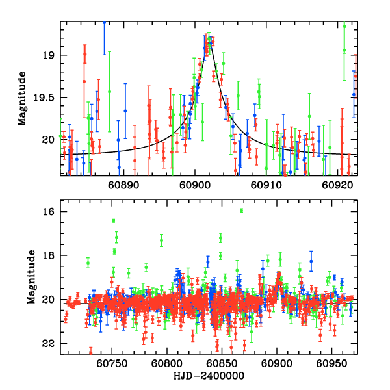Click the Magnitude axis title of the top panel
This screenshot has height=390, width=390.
click(x=22, y=97)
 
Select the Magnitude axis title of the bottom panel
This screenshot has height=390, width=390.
click(x=22, y=278)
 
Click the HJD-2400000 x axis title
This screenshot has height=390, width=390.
click(x=209, y=376)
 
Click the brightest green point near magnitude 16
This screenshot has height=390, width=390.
click(x=241, y=211)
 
